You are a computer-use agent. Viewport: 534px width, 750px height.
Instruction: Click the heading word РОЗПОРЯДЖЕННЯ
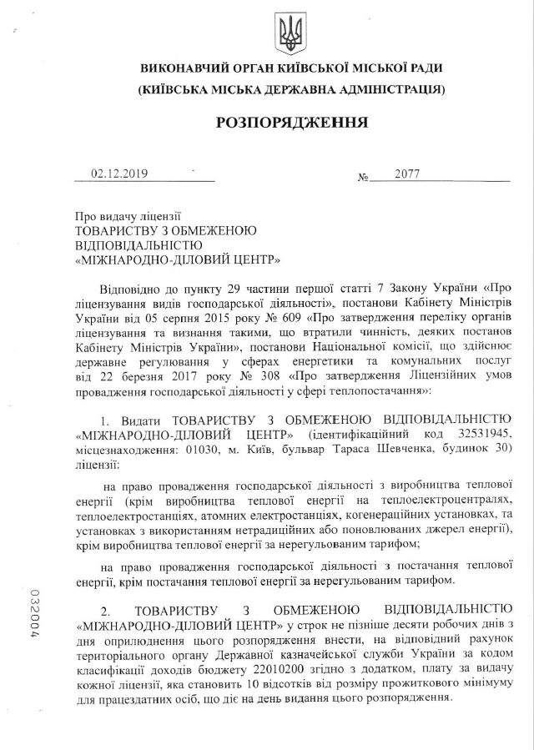click(291, 123)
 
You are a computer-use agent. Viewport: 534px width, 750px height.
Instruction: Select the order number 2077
click(407, 174)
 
